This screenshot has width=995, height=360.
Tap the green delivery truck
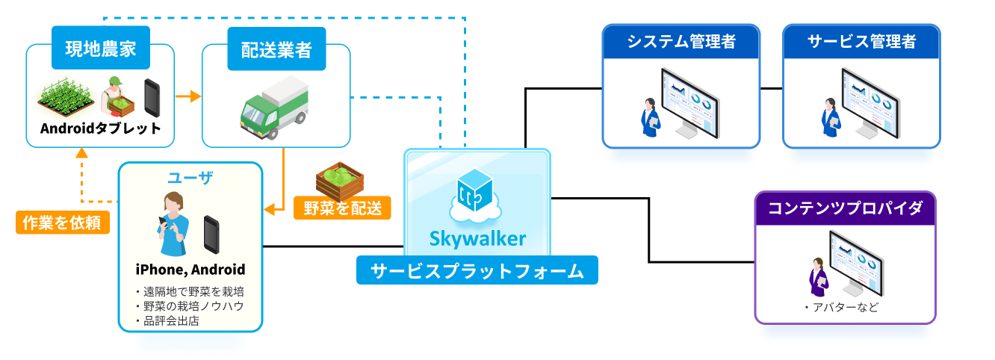(x=275, y=105)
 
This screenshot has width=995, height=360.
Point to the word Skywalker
(x=477, y=238)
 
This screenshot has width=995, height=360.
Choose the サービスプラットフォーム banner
(x=477, y=270)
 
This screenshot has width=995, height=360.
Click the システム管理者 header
(x=681, y=42)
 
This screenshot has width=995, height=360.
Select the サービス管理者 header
(x=861, y=42)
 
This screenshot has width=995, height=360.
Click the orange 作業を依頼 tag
(x=62, y=222)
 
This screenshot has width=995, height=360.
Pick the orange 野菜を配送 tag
(x=342, y=207)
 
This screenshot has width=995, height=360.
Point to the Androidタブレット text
(x=101, y=128)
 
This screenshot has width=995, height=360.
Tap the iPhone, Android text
(x=190, y=269)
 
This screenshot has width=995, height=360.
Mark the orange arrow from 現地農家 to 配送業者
(x=188, y=96)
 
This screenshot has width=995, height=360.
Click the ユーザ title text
(x=190, y=177)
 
